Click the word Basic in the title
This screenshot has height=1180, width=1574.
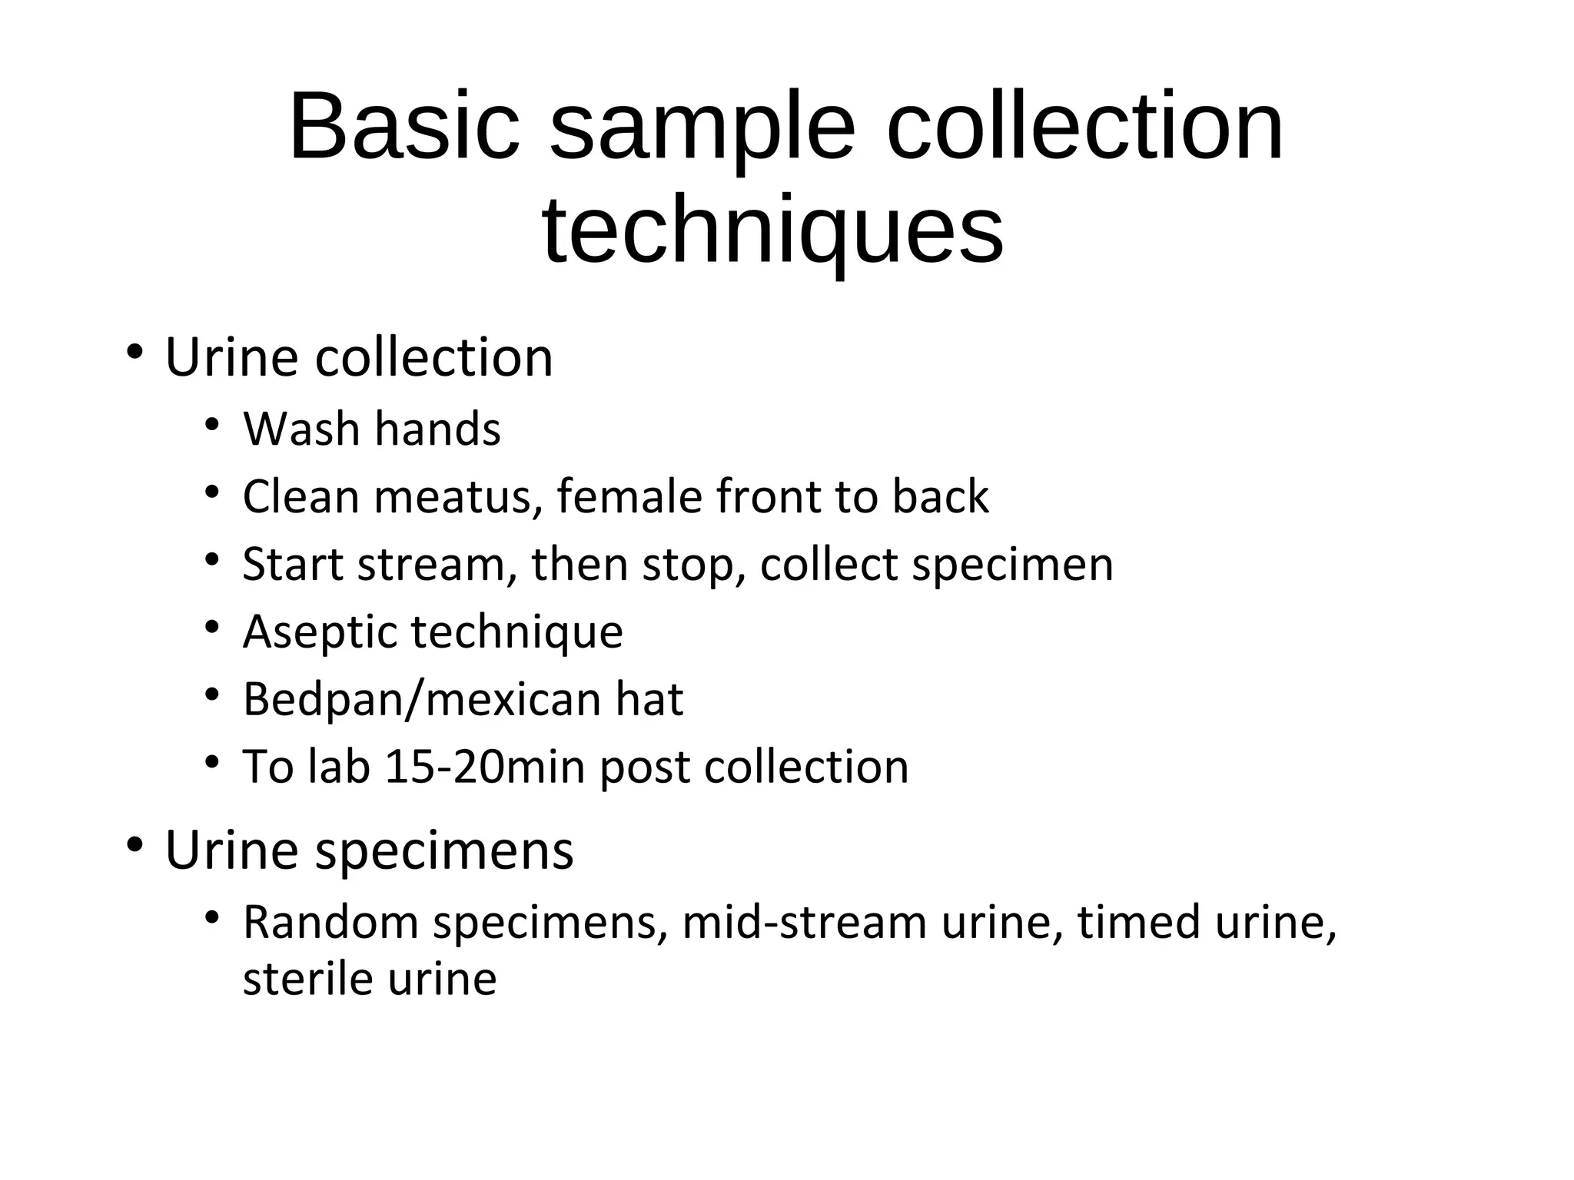404,127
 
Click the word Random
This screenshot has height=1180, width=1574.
330,922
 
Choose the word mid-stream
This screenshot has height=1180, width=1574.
804,922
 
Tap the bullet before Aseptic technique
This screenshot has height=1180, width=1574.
212,628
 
